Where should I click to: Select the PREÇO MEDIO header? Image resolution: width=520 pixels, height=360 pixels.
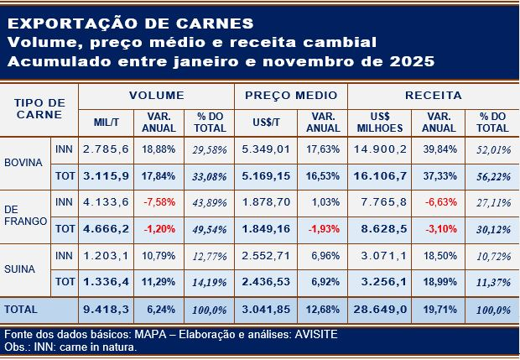(291, 96)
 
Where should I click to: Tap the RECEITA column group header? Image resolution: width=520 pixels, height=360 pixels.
(433, 96)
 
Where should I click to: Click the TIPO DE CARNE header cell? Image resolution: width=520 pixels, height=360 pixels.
(40, 108)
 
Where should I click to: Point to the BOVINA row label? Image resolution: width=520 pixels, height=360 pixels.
(24, 162)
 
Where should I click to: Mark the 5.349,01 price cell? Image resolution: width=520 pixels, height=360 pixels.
(265, 149)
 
